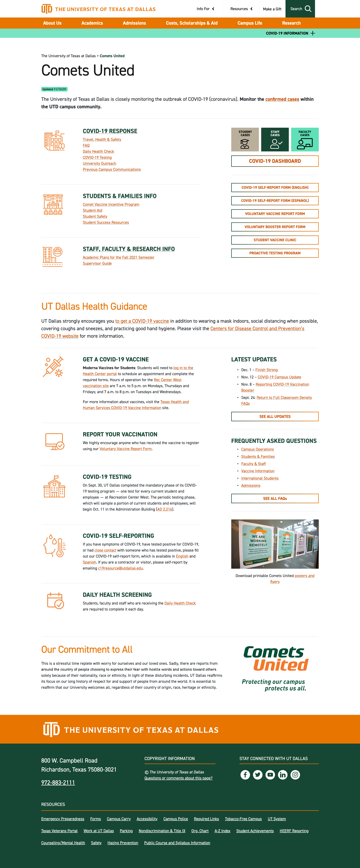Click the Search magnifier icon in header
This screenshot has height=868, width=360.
(x=308, y=9)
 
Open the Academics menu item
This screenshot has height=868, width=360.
(x=92, y=23)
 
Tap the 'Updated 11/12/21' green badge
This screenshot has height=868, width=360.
(x=54, y=89)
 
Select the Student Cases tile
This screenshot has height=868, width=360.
(x=245, y=140)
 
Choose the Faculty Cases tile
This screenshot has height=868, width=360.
(x=305, y=140)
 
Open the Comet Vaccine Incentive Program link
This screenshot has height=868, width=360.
(x=111, y=205)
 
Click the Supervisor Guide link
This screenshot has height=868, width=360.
(x=97, y=263)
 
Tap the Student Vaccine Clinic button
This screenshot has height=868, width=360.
(x=275, y=240)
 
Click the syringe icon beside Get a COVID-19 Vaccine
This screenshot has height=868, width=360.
(x=53, y=367)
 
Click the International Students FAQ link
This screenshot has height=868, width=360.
(x=259, y=478)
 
